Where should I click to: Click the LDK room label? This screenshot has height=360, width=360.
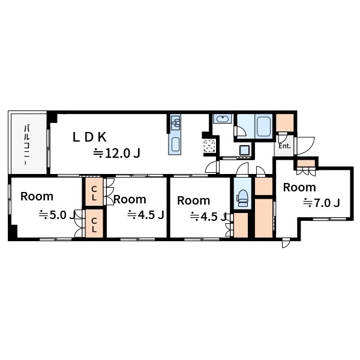89,137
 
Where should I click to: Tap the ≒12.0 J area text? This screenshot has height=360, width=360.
116,154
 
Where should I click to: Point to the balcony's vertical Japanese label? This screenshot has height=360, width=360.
27,145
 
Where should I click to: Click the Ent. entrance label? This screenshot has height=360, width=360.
284,146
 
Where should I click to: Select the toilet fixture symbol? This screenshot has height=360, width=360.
242,198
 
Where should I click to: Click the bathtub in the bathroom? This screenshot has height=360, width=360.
263,126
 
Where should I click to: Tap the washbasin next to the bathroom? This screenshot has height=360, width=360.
222,119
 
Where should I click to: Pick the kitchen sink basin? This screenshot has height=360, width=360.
175,145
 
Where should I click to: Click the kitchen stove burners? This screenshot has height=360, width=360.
175,122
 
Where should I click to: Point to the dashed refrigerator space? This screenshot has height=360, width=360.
209,146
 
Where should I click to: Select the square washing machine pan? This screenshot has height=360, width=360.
245,150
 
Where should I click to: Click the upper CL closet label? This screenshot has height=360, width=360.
94,193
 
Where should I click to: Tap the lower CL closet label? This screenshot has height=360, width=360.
94,224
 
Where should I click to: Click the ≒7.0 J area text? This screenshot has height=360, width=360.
321,203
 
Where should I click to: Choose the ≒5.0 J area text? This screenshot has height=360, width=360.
57,215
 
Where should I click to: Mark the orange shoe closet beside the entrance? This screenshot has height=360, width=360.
284,123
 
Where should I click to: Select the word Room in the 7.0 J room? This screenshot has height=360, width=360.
299,187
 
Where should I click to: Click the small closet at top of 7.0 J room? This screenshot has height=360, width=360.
306,163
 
